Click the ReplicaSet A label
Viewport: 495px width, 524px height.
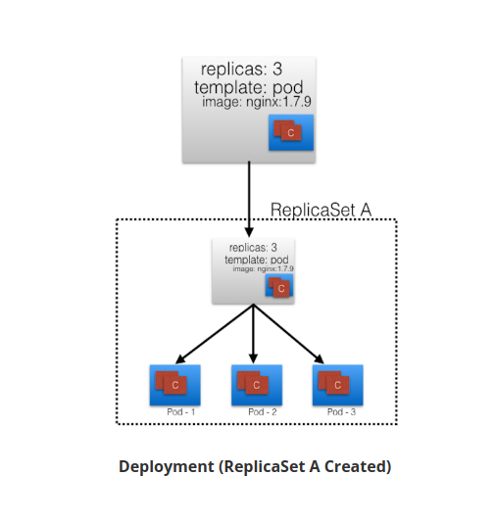click(321, 210)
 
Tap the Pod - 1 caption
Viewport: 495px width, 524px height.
click(181, 412)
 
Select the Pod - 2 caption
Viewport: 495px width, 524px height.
click(262, 412)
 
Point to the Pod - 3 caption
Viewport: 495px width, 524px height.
click(343, 412)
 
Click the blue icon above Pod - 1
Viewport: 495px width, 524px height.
click(174, 385)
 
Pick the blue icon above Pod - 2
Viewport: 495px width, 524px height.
click(256, 385)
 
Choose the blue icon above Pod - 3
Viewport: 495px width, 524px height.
click(337, 385)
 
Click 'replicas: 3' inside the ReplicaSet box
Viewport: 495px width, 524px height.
click(253, 248)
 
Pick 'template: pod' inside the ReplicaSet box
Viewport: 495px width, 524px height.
click(258, 260)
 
